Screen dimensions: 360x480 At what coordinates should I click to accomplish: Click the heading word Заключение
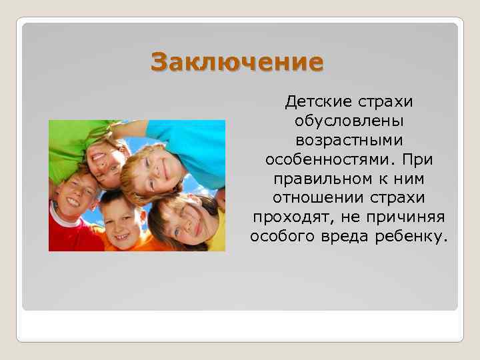tap(237, 63)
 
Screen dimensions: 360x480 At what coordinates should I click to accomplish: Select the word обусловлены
tap(349, 122)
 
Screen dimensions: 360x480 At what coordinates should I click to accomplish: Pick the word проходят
tap(283, 218)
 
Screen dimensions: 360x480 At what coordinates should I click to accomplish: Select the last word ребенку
tap(417, 237)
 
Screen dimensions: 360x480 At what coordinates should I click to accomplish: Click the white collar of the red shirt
tap(61, 221)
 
